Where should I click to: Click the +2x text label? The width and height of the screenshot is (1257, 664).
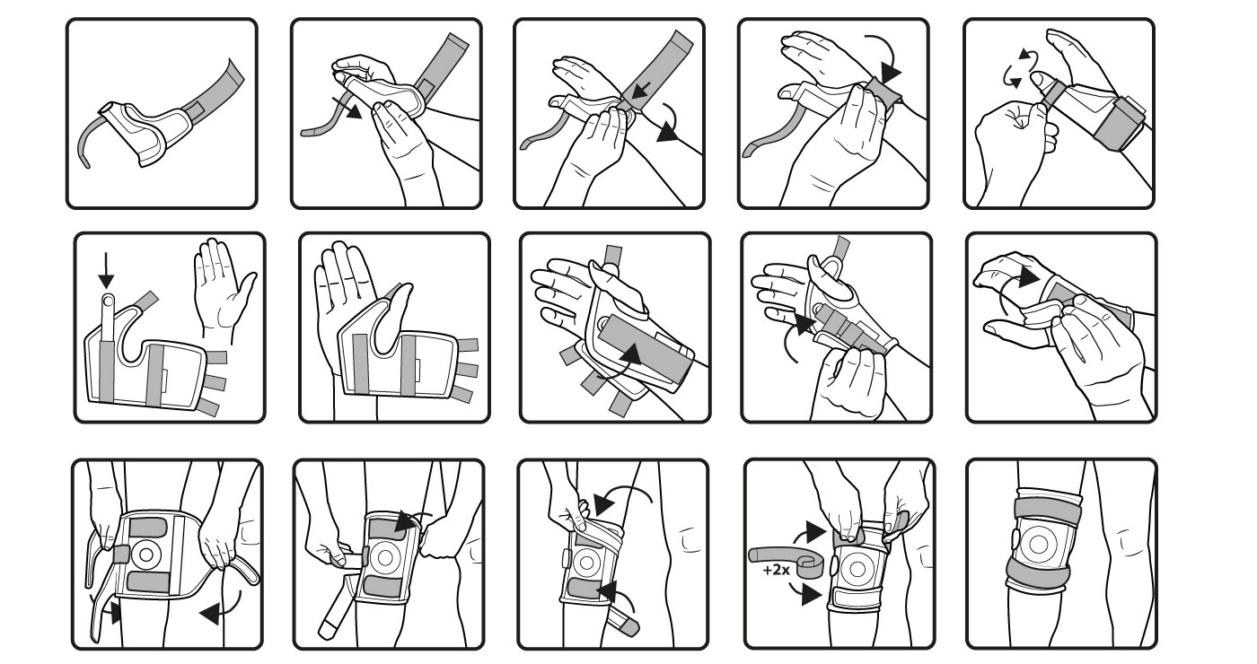776,571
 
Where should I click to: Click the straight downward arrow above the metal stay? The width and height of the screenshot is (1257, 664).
106,271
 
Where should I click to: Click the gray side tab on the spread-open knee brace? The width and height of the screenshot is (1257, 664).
121,555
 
